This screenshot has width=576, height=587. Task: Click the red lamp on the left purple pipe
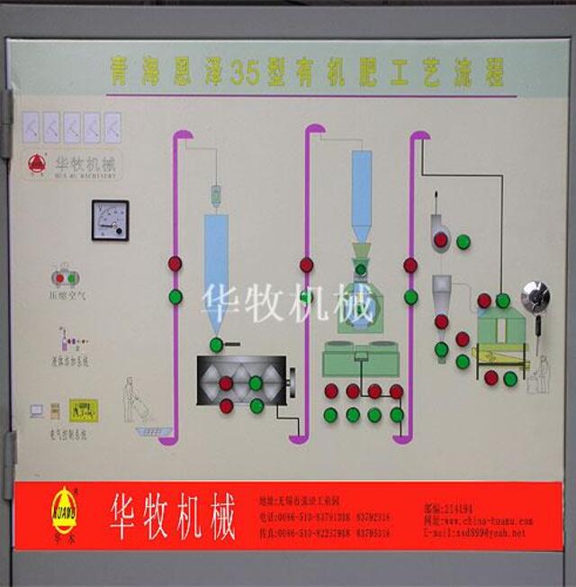[175, 264]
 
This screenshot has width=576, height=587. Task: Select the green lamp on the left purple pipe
[175, 296]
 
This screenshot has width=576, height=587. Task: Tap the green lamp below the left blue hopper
[216, 344]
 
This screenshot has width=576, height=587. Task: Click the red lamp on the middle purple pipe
[306, 265]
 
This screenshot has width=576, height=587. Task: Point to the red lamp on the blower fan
[441, 239]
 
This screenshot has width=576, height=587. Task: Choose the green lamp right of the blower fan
[463, 241]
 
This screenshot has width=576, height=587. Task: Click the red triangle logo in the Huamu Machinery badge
[36, 164]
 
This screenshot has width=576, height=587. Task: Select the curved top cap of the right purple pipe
[419, 137]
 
